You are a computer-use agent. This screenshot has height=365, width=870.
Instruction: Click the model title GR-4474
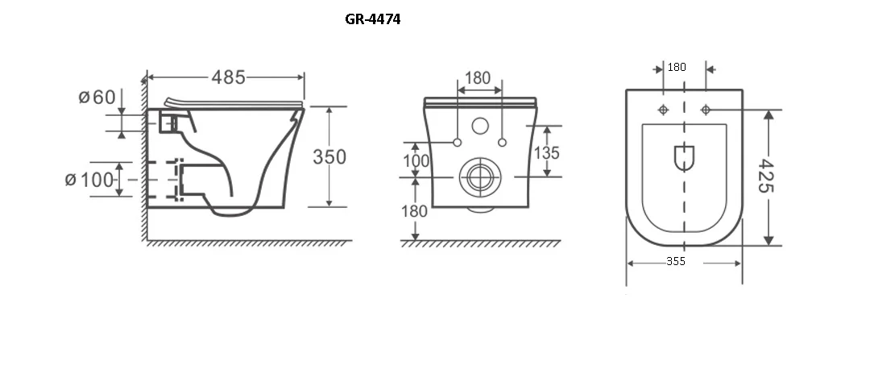[x=372, y=19]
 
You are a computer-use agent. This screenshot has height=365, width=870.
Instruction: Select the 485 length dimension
[x=228, y=77]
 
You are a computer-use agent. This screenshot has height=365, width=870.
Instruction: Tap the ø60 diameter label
[x=97, y=97]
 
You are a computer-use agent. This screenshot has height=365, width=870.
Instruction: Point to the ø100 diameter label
[x=89, y=180]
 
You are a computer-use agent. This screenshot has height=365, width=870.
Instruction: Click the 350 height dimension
[x=329, y=157]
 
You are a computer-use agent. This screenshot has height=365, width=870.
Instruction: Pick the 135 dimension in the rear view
[x=546, y=152]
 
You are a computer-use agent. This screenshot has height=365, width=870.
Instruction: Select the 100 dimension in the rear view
[x=416, y=161]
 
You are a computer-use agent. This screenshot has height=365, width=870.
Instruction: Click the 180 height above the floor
[x=415, y=211]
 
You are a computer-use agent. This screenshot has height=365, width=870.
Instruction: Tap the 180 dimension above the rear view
[x=478, y=78]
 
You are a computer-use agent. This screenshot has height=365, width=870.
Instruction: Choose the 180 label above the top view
[x=677, y=67]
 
